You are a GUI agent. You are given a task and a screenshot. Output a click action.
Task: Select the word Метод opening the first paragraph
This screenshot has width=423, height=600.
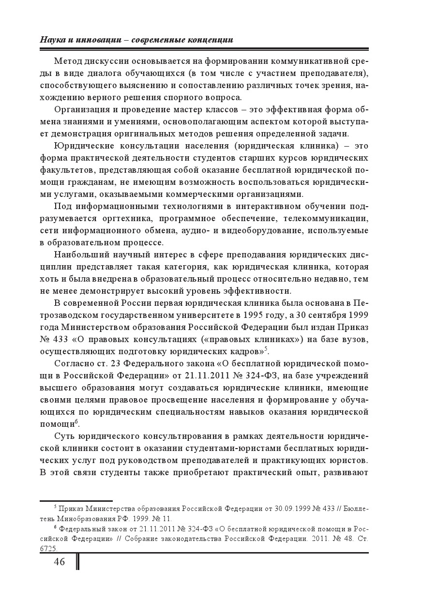click(68, 61)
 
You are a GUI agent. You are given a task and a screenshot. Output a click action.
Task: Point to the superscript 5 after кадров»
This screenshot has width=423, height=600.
click(266, 348)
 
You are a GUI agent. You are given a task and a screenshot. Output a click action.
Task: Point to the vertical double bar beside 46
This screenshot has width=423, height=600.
click(77, 562)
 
